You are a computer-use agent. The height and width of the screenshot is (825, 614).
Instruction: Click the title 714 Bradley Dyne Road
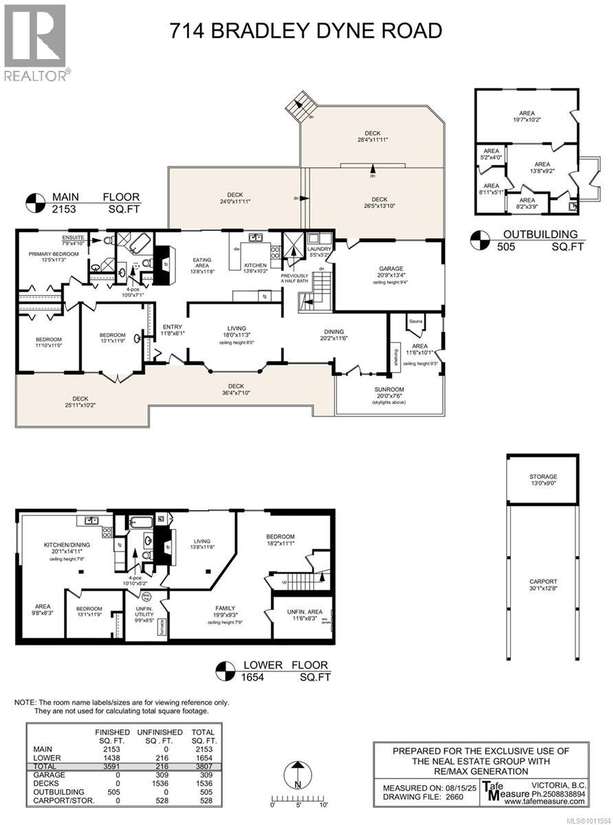[x=307, y=31]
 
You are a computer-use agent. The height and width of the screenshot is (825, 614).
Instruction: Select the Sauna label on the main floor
[x=415, y=321]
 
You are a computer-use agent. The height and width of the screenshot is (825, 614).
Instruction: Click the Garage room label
[x=389, y=269]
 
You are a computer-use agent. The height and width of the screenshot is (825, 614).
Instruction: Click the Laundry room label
[x=320, y=249]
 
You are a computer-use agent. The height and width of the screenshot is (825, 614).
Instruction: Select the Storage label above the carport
[x=543, y=476]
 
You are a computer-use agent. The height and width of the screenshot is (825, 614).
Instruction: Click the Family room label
[x=225, y=608]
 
